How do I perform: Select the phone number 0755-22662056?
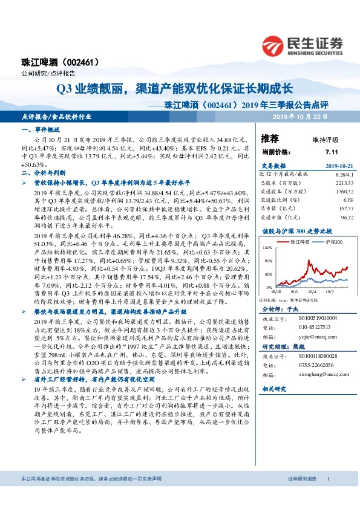[315, 366]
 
